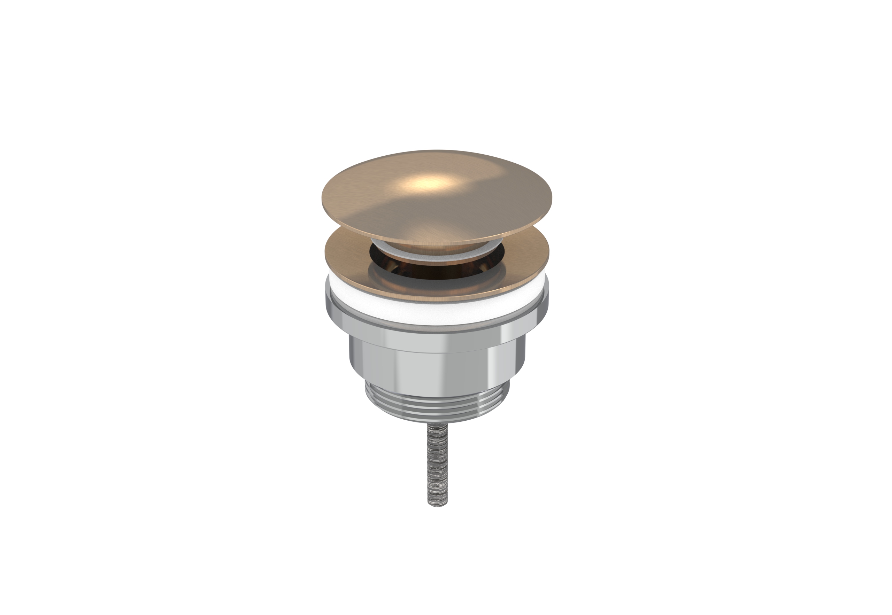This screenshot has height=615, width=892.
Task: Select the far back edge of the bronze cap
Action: click(437, 151)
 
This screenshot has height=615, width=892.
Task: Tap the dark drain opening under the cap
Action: click(437, 272)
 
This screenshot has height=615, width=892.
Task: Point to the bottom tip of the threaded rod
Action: click(437, 505)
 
